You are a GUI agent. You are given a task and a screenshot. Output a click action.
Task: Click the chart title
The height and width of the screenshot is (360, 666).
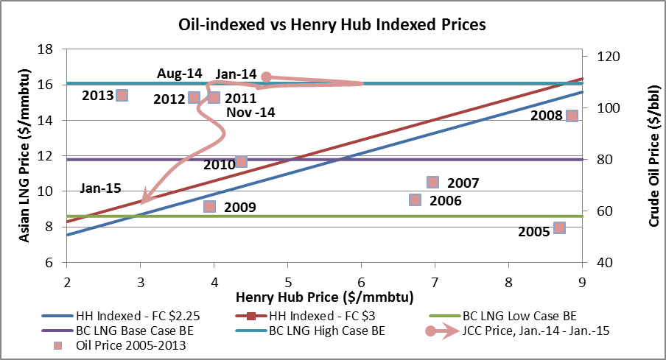[x=332, y=25]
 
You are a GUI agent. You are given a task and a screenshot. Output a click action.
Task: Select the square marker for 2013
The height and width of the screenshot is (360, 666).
[x=122, y=95]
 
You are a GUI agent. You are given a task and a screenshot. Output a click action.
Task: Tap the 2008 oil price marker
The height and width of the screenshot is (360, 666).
[x=571, y=116]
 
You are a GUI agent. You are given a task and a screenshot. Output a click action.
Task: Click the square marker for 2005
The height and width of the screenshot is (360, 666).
[x=559, y=227]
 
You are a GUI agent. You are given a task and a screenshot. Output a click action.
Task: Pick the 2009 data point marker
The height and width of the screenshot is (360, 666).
[x=209, y=207]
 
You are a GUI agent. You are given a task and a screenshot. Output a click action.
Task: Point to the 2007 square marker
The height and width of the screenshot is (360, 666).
[x=432, y=182]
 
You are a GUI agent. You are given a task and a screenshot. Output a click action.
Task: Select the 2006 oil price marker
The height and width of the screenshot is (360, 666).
[x=415, y=200]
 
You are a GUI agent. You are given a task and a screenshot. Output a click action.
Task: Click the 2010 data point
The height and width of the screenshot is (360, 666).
[x=241, y=161]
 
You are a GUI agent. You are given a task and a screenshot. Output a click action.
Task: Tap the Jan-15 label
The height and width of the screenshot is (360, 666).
[x=100, y=188]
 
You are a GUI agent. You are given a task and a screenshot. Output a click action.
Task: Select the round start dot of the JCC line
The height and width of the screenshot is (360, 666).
[x=267, y=77]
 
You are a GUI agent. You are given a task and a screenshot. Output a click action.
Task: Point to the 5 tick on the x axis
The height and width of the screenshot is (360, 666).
[x=288, y=280]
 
